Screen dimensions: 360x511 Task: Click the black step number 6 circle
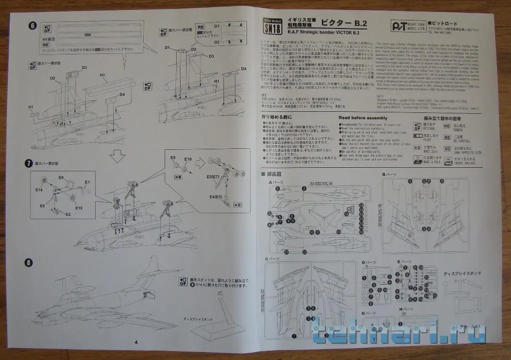point(32,26)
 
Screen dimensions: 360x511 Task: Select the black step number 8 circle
point(29,263)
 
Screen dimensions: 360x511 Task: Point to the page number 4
point(136,342)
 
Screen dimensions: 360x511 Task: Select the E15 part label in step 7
point(79,207)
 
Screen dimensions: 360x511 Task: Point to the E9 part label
point(173,158)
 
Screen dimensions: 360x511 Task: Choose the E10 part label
point(188,159)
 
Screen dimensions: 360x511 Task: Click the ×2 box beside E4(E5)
point(238,204)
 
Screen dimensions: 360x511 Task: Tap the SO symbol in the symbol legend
point(448,148)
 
